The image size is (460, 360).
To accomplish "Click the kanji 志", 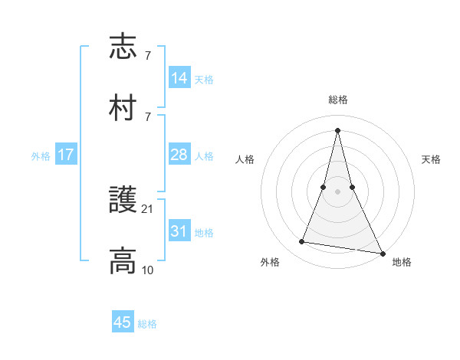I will [x=123, y=47].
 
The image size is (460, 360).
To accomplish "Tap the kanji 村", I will [x=123, y=108].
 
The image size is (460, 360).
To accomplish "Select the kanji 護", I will [x=123, y=201].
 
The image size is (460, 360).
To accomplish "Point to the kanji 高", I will [x=123, y=261].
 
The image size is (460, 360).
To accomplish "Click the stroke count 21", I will [x=148, y=208].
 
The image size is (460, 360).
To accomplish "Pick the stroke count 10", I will [x=148, y=270].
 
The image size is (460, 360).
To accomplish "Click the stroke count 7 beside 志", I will [x=147, y=56].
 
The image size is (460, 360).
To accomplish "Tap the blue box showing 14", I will [x=179, y=78].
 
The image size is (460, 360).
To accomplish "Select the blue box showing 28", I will [x=179, y=155].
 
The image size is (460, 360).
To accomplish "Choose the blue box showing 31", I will [x=179, y=231].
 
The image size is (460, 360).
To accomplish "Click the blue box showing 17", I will [x=66, y=155].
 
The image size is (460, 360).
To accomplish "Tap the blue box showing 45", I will [x=123, y=322].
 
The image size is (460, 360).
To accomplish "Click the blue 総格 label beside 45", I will [x=147, y=324].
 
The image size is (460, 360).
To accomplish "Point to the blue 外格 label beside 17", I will [x=41, y=156].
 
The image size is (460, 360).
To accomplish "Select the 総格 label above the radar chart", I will [x=337, y=100].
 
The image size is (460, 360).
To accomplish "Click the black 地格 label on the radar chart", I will [x=402, y=263].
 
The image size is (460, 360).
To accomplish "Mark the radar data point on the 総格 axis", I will [x=337, y=130].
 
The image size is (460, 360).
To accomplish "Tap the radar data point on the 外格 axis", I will [x=301, y=242].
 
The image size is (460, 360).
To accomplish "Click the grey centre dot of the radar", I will [x=337, y=191].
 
